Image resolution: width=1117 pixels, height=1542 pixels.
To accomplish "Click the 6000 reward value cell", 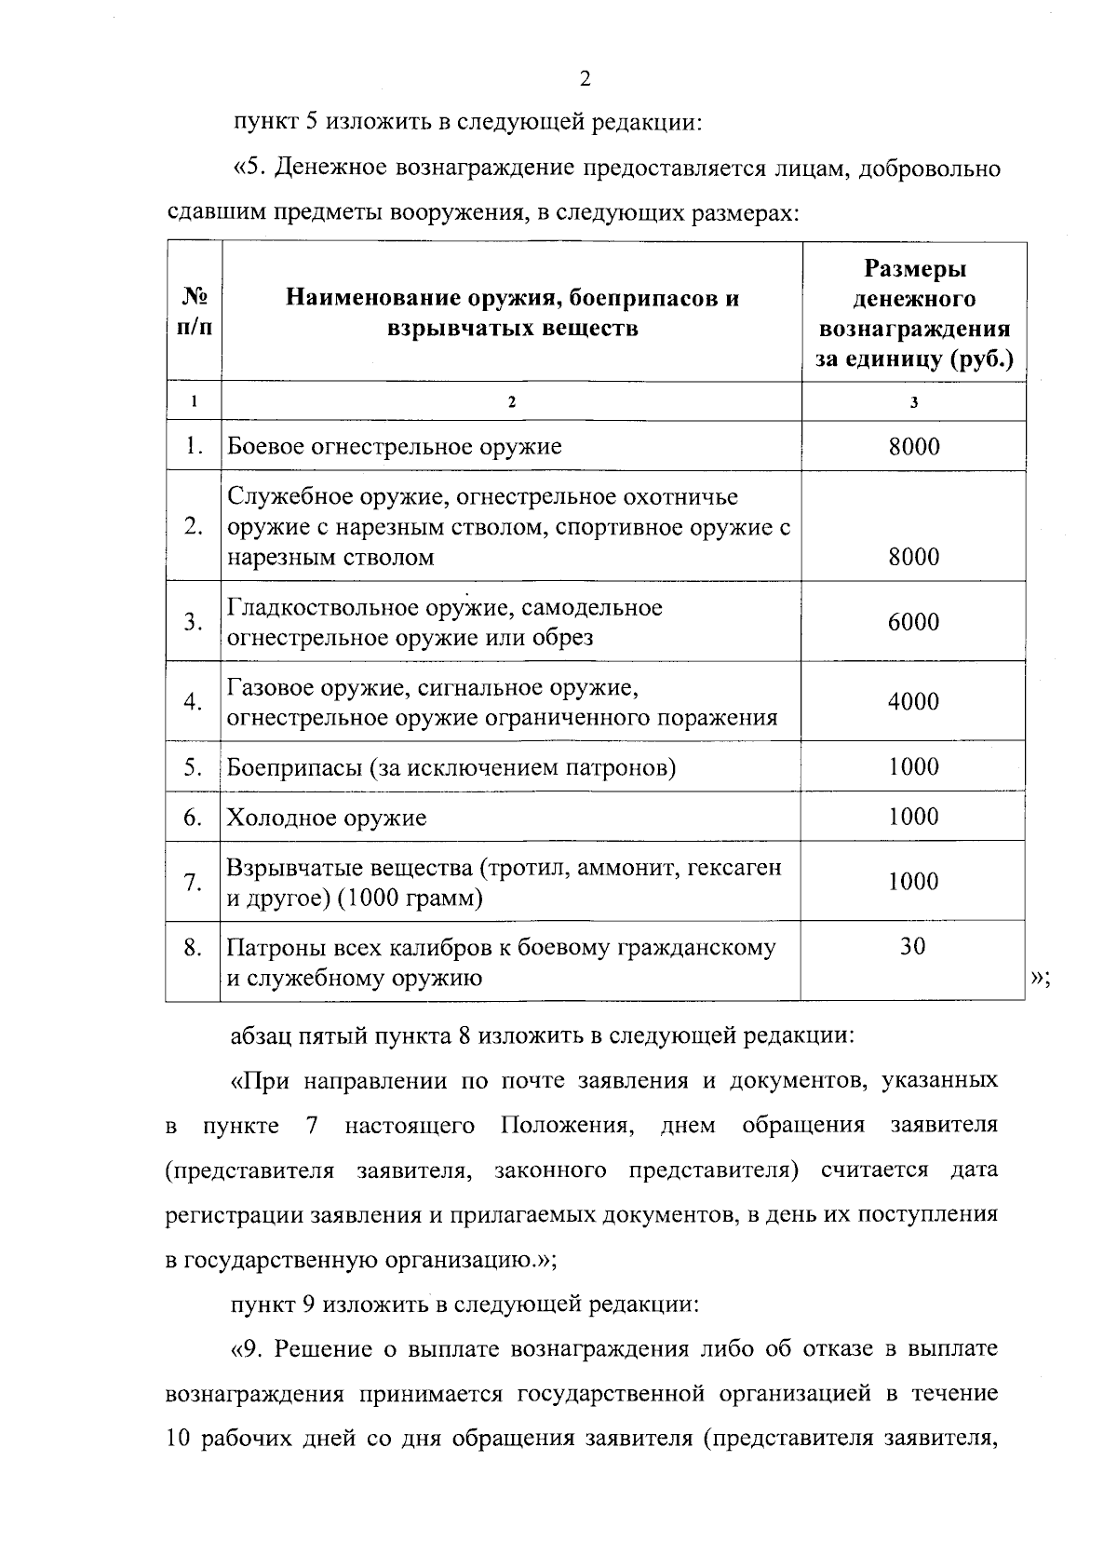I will coord(913,622).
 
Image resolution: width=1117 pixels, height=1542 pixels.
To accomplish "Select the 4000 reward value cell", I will coord(913,701).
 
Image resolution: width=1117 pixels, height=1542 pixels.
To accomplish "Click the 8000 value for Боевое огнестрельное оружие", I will coord(913,446).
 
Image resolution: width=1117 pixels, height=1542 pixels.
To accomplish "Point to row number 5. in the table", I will coord(193,767).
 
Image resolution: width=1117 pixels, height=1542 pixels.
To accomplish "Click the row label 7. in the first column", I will coord(193,882).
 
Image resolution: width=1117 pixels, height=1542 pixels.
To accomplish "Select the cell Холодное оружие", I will coord(327,818).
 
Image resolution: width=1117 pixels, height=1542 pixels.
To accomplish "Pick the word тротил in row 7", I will coord(526,867).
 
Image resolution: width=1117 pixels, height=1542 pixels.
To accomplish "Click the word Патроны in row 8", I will coord(271,948).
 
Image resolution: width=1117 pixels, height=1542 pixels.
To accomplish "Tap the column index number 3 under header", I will coord(914,402).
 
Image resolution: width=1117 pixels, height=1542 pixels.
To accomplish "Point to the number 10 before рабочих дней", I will coord(178,1438).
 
